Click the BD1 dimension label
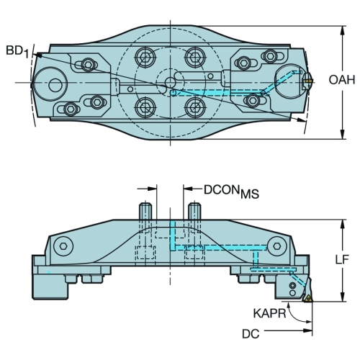coord(17,51)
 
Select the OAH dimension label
coord(342,80)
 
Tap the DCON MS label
coord(231,191)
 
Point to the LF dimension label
coord(342,259)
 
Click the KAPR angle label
coord(269,313)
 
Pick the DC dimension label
coord(251,334)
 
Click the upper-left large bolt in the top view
coord(145,57)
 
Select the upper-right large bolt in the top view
coord(195,57)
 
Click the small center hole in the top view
coord(170,82)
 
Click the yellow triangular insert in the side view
coord(308,299)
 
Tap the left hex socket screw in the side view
coord(63,246)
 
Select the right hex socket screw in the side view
coord(276,246)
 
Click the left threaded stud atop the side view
coord(145,211)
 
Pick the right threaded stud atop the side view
coord(194,211)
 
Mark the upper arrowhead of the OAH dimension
coord(343,30)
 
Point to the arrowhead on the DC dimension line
coord(307,330)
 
